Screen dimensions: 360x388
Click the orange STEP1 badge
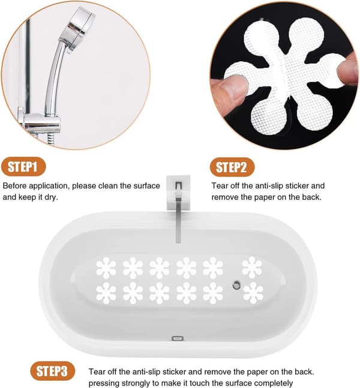(x=23, y=166)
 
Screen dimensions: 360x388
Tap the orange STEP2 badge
(x=232, y=167)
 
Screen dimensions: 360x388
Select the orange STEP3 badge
(x=52, y=371)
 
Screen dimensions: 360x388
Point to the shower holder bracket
(x=41, y=123)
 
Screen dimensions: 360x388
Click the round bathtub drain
(x=236, y=285)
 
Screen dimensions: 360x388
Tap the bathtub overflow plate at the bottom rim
(x=178, y=338)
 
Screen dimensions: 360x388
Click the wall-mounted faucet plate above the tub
(x=179, y=192)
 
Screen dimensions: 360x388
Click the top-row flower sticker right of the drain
(x=252, y=267)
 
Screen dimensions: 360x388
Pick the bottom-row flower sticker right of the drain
(x=253, y=293)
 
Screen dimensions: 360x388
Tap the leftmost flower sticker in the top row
(x=106, y=268)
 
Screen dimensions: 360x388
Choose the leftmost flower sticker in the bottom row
(x=106, y=293)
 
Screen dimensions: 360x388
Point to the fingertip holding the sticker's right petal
(x=348, y=69)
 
